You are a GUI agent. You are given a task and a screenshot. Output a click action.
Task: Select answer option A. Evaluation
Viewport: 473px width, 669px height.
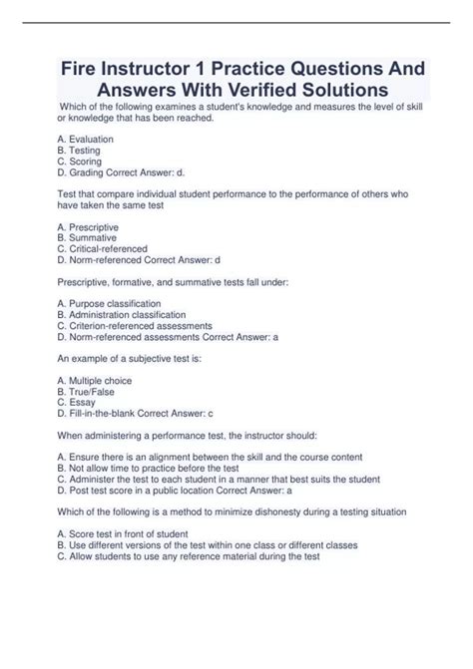(86, 139)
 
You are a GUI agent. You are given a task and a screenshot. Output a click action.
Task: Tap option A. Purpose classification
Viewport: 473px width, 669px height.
(109, 303)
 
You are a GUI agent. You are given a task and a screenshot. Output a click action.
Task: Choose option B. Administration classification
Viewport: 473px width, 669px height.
(124, 314)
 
